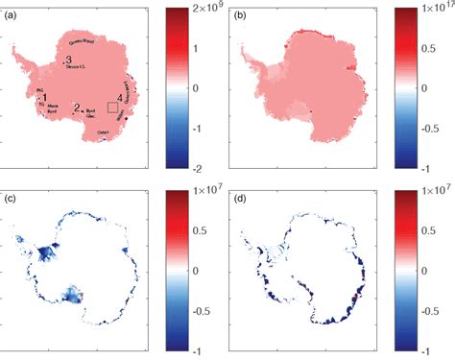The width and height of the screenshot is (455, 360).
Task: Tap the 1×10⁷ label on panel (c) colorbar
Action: (204, 194)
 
